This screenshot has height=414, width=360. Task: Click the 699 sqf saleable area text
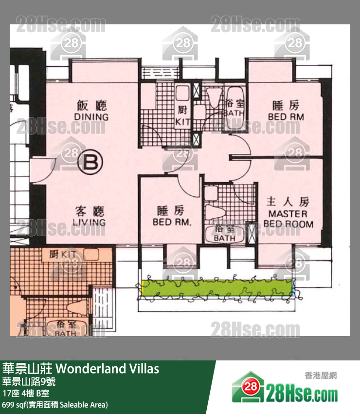55,405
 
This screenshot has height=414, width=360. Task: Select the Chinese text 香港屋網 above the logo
321,375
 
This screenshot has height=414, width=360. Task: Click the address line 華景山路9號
29,381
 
